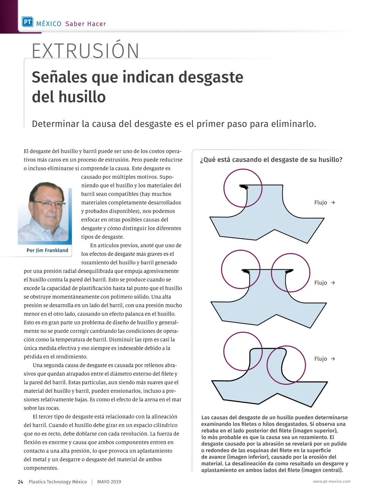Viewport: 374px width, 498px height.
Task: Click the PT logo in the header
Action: tap(27, 22)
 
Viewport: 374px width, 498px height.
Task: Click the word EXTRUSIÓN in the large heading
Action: tap(85, 51)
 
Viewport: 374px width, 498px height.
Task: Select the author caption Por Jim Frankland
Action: tap(47, 250)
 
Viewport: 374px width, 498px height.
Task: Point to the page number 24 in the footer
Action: tap(20, 482)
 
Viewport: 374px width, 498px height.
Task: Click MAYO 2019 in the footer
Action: tap(109, 482)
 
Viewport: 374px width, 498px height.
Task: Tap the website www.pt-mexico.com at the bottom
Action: tap(332, 482)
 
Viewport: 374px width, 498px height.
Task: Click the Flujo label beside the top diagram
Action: tap(321, 203)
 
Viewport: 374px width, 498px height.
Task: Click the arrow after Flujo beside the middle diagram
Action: tap(333, 283)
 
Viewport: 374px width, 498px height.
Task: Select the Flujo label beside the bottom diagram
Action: tap(321, 359)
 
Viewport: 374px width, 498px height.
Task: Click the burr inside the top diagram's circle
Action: tap(244, 187)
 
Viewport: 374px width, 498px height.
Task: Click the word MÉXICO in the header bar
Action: tap(49, 24)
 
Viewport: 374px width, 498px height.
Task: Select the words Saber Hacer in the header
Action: tap(86, 24)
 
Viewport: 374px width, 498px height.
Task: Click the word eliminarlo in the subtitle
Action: tap(293, 124)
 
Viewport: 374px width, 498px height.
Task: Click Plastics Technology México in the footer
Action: tap(58, 482)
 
